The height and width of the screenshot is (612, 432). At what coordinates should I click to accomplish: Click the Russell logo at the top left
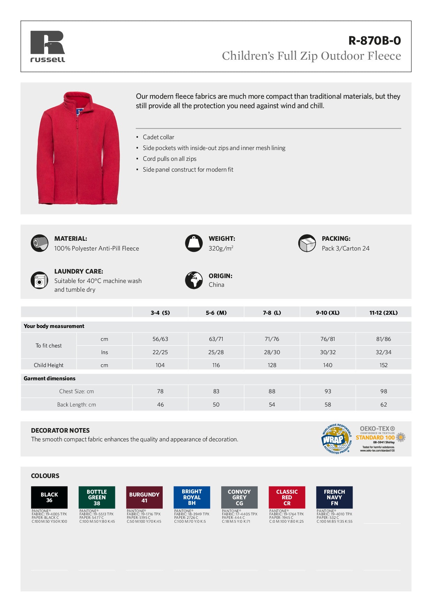pyautogui.click(x=48, y=46)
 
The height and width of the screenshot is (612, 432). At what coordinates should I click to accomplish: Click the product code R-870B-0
pyautogui.click(x=375, y=41)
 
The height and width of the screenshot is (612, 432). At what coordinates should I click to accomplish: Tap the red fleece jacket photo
pyautogui.click(x=78, y=148)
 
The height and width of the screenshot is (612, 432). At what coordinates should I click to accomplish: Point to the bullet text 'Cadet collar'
pyautogui.click(x=158, y=137)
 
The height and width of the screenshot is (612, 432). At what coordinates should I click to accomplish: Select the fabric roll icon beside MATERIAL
pyautogui.click(x=39, y=243)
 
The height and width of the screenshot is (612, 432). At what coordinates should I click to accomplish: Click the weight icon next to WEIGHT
pyautogui.click(x=194, y=243)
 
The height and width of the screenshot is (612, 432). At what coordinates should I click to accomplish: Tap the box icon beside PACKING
pyautogui.click(x=307, y=243)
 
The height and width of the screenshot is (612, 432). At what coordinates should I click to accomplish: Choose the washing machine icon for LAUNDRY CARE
pyautogui.click(x=39, y=280)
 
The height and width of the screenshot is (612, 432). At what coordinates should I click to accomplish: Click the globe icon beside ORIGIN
pyautogui.click(x=194, y=280)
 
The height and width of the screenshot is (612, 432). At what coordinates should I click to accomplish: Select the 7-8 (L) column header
pyautogui.click(x=272, y=313)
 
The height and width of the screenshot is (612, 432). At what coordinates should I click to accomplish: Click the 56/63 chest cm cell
pyautogui.click(x=160, y=339)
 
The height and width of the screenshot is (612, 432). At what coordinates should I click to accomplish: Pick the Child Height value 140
pyautogui.click(x=327, y=365)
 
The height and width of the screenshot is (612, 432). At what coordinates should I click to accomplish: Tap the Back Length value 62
pyautogui.click(x=384, y=404)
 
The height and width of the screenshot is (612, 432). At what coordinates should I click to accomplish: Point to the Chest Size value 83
pyautogui.click(x=216, y=391)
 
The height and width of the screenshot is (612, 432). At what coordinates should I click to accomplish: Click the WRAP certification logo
pyautogui.click(x=337, y=439)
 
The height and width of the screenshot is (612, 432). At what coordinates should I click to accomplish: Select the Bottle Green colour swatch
pyautogui.click(x=97, y=497)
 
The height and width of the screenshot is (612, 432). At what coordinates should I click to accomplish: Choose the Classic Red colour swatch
pyautogui.click(x=287, y=497)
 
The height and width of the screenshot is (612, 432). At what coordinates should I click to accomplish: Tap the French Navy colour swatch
pyautogui.click(x=334, y=497)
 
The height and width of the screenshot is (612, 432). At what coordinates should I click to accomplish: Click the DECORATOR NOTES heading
pyautogui.click(x=60, y=430)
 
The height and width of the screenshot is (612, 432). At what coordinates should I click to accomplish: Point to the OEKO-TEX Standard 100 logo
pyautogui.click(x=380, y=439)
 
